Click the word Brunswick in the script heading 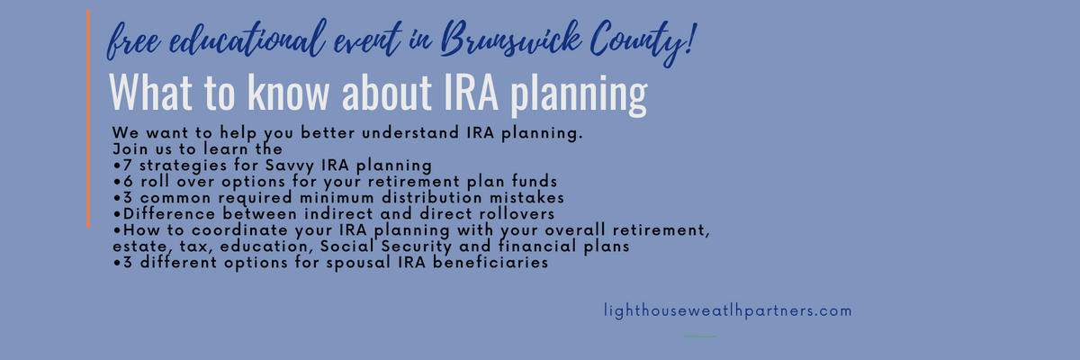[510, 40]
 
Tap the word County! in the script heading [643, 42]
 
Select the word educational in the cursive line [247, 40]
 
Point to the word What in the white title [151, 92]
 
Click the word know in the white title [288, 92]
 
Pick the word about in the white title [387, 92]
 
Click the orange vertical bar [88, 119]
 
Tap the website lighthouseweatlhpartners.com [728, 310]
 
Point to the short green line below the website [700, 337]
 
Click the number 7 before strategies [127, 166]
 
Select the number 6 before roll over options [128, 182]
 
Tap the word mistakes [527, 198]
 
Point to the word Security [417, 247]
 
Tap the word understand [410, 132]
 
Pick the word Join [130, 148]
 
